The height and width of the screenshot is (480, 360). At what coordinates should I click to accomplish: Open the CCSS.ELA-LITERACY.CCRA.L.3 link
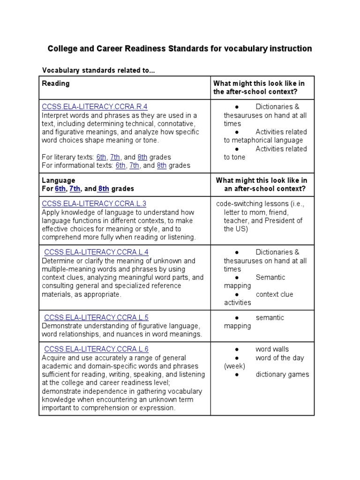tap(94, 203)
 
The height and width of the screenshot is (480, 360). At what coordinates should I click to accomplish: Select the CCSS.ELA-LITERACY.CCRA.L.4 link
tap(96, 252)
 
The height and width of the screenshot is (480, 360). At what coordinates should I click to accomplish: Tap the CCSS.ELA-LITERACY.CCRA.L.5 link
tap(96, 317)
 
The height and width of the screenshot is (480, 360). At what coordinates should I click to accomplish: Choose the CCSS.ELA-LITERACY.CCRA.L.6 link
tap(96, 349)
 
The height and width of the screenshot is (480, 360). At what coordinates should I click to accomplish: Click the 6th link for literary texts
tap(102, 157)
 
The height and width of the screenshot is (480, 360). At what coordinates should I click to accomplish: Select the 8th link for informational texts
tap(162, 165)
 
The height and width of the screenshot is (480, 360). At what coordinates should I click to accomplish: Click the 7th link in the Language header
tap(75, 188)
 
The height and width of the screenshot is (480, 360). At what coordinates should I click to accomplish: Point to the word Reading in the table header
tap(56, 83)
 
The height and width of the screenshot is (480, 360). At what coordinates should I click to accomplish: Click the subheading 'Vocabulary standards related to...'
tap(98, 70)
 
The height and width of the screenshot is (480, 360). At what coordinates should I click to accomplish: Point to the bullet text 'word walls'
tap(272, 349)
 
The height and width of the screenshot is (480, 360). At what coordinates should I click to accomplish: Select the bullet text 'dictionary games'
tap(282, 374)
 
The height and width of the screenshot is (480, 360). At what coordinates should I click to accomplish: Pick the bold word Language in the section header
tap(58, 180)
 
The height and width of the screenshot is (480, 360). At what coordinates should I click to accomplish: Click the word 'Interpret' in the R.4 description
tap(55, 115)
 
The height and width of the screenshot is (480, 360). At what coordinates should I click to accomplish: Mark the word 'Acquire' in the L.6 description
tap(54, 357)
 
